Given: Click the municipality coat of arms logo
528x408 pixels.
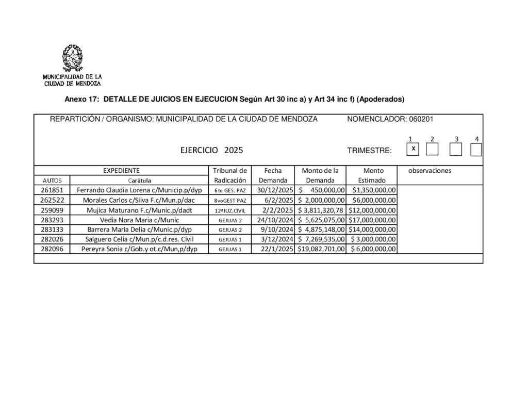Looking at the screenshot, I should (72, 58).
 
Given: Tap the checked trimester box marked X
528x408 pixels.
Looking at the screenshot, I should (413, 149).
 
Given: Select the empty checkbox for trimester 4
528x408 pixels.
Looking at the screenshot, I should (476, 150).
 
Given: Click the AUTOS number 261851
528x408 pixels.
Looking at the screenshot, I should (52, 190).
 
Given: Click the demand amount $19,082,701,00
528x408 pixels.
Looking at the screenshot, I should (321, 249).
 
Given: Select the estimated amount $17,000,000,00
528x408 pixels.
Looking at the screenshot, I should (372, 220).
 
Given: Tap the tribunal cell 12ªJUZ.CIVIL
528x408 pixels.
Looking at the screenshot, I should (230, 210).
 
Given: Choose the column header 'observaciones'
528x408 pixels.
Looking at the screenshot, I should (430, 170).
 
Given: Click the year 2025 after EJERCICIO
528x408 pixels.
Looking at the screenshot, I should (234, 151).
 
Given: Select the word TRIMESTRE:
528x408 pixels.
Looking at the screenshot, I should (369, 151).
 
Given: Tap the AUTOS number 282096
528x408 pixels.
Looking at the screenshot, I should (52, 249).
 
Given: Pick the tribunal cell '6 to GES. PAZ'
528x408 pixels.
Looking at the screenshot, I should (230, 190).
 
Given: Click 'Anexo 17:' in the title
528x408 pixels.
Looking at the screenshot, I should (81, 99).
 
